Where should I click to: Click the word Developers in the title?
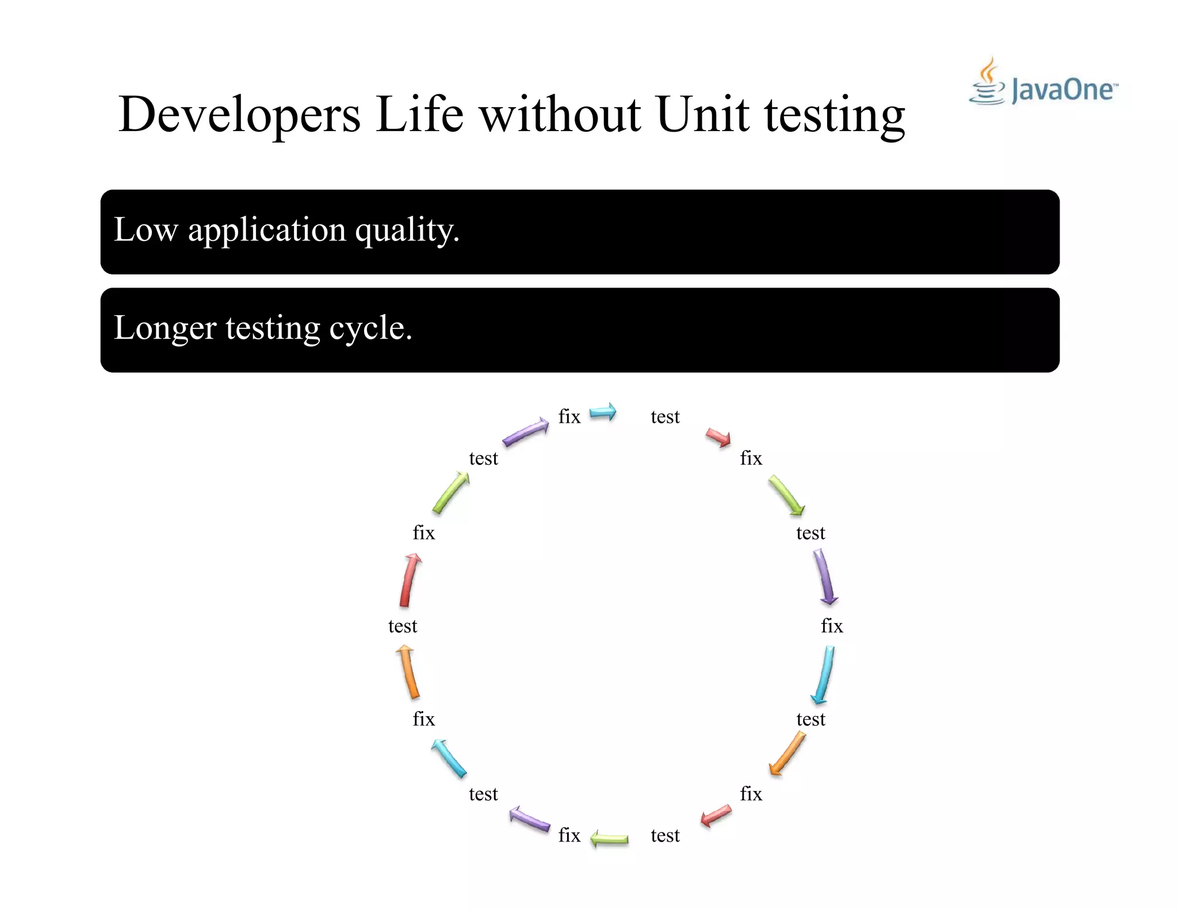239,114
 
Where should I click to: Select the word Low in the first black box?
146,230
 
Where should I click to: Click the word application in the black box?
267,231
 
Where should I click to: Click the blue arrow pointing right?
603,412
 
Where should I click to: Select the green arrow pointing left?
609,839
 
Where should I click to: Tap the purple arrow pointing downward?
825,577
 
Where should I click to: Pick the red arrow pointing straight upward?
410,580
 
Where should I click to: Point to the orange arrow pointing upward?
408,671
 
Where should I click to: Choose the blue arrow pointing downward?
824,675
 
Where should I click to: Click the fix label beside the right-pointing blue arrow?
569,416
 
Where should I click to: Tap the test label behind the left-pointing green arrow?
665,835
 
